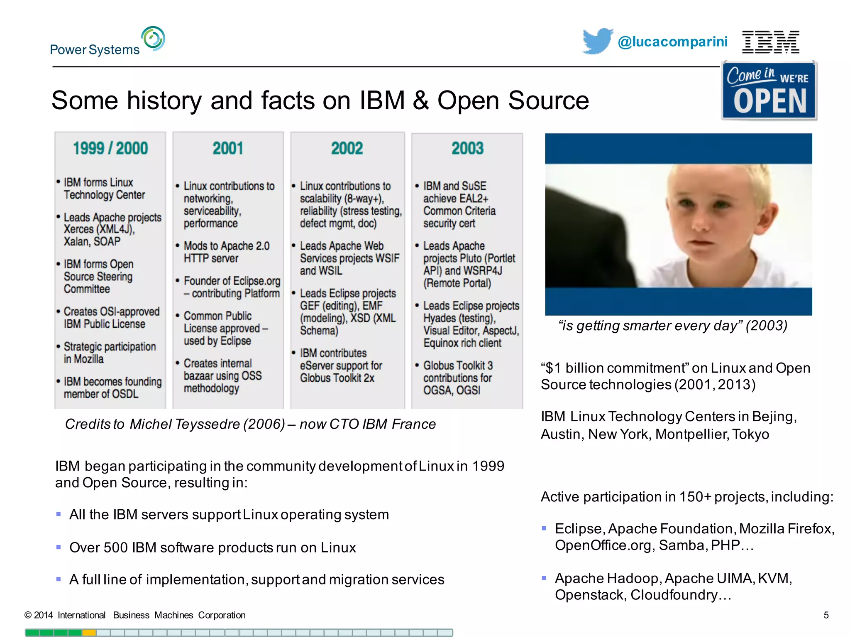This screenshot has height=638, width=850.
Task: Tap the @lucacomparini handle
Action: pos(672,42)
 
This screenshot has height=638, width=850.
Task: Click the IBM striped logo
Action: pos(770,42)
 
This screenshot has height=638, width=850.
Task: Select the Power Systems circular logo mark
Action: pos(153,39)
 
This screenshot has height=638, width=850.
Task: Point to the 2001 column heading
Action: pos(228,148)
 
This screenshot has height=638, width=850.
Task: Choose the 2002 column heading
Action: pos(347,148)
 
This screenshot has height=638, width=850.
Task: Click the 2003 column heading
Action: pos(467,148)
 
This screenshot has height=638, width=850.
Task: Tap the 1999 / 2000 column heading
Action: pos(110,148)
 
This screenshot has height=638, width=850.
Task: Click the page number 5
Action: pos(826,615)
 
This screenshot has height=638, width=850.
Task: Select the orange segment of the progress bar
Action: pos(89,633)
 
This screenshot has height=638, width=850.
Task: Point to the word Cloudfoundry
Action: pos(674,595)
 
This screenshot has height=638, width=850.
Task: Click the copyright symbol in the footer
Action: pos(28,615)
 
